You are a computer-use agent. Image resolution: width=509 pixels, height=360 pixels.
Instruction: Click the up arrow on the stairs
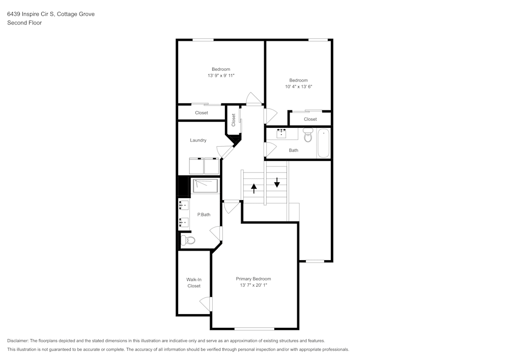click(x=253, y=188)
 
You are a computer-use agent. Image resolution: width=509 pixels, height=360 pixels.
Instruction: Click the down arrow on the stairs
click(x=276, y=181)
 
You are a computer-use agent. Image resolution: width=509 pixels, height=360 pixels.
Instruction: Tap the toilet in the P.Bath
click(x=188, y=240)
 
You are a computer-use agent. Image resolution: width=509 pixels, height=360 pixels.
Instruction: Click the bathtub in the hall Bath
click(x=323, y=143)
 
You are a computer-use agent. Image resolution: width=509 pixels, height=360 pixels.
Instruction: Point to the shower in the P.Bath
click(x=205, y=185)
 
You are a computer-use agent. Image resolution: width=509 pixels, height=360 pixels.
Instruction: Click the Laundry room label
click(x=198, y=140)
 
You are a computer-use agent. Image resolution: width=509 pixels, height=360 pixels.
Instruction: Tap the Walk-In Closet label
click(x=193, y=283)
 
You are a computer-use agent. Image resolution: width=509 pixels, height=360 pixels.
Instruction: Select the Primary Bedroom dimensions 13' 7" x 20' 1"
click(x=253, y=286)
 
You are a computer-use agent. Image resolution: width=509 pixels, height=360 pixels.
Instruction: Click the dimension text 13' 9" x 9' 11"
click(x=221, y=76)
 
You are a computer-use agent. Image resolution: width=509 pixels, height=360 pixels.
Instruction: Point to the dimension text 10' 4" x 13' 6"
click(x=298, y=87)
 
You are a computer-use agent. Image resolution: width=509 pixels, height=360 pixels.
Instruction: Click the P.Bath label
click(x=204, y=214)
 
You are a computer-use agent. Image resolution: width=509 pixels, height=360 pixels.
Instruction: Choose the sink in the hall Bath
click(x=281, y=134)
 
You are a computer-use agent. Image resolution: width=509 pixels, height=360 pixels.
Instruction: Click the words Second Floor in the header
click(x=24, y=23)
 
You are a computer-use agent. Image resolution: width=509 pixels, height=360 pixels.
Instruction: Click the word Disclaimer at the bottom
click(x=18, y=341)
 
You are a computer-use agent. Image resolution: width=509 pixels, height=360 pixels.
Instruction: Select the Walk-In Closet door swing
click(x=206, y=304)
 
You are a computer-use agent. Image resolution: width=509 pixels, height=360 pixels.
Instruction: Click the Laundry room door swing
click(x=224, y=151)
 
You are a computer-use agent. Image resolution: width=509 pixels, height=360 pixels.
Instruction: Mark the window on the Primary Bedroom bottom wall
click(x=254, y=328)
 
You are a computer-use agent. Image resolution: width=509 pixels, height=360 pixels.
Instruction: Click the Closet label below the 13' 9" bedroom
click(x=202, y=113)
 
